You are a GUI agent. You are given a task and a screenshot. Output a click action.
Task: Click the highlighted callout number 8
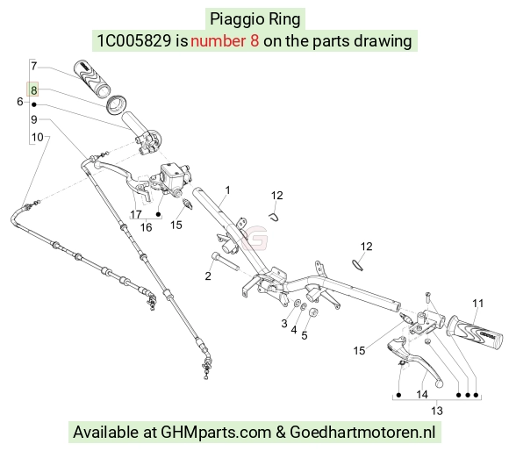point(33,89)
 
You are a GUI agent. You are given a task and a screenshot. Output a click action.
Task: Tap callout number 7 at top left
point(34,66)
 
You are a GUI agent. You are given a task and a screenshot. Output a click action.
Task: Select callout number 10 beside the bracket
point(38,137)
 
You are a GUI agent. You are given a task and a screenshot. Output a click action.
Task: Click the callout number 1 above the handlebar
point(227,190)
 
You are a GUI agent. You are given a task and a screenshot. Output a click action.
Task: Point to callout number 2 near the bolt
point(208,276)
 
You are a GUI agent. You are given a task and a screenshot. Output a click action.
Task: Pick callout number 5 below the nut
point(305,335)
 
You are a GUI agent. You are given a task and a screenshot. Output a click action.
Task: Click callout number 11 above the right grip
point(477,304)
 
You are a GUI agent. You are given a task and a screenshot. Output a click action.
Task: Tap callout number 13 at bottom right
point(437,411)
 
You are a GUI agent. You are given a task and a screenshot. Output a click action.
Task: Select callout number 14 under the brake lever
point(422,395)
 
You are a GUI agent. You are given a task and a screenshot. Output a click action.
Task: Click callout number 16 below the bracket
point(146,227)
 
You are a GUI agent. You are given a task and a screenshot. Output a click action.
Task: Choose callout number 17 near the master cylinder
point(136,214)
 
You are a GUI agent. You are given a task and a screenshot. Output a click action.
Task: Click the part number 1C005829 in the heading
point(134,41)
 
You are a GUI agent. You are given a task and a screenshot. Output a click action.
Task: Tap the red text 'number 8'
point(225,41)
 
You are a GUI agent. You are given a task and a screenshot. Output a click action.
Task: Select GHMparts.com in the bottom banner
point(216,433)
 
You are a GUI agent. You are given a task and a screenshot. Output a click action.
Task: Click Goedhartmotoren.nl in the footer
point(362,433)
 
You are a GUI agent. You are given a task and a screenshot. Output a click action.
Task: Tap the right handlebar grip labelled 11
point(476,334)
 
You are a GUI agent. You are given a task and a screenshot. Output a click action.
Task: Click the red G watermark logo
point(255,238)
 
